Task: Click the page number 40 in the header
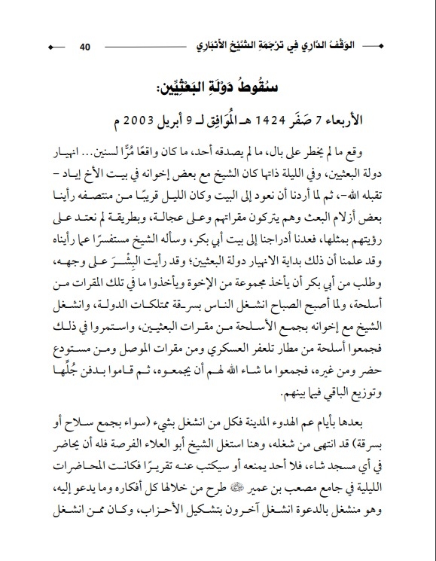point(84,47)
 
